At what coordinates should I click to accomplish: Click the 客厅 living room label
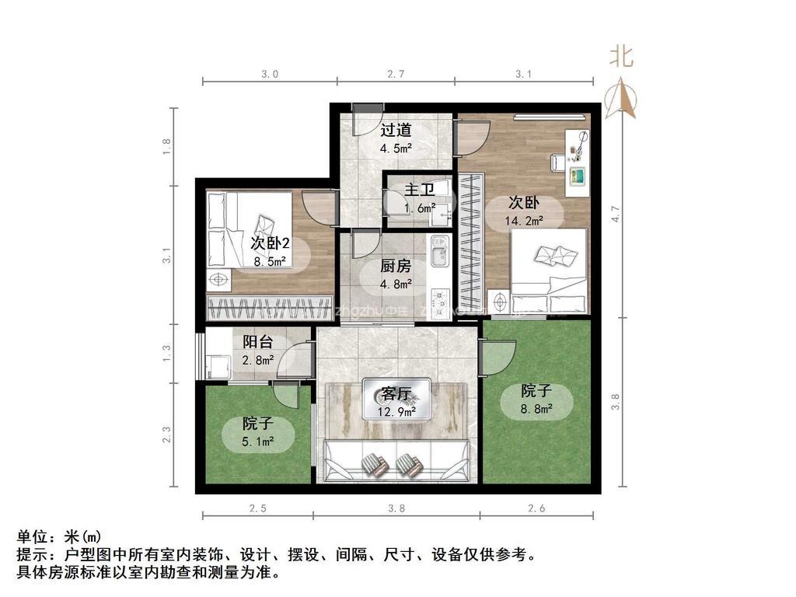coord(396,392)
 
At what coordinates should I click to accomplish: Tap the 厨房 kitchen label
coord(396,265)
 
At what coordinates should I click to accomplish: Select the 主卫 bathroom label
coord(419,189)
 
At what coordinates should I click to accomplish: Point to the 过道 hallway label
coord(396,130)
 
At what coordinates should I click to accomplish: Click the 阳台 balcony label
coord(257,341)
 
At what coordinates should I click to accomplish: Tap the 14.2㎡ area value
coord(525,220)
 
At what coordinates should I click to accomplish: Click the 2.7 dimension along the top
coord(396,75)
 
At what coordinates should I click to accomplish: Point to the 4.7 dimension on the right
coord(615,214)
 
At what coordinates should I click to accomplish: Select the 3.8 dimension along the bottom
coord(396,509)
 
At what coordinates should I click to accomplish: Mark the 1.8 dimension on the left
coord(166,147)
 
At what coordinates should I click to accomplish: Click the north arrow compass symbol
coord(622,99)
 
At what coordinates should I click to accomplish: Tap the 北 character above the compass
coord(620,56)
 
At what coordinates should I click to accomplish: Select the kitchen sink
coord(438,252)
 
